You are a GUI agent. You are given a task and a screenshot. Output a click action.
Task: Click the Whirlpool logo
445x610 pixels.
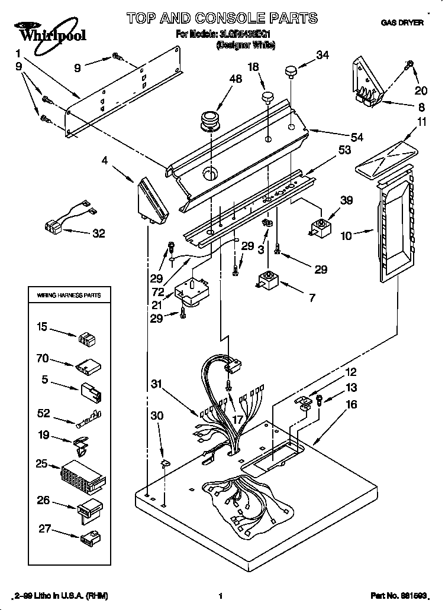[49, 32]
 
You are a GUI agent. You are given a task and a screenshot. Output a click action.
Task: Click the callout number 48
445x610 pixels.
[236, 79]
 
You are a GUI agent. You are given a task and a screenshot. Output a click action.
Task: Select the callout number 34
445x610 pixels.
[322, 55]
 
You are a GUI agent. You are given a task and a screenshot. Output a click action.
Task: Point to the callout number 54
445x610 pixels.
[356, 137]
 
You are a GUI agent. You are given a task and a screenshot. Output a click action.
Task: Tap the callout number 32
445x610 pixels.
[98, 233]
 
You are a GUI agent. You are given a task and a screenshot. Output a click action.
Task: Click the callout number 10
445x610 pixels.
[346, 235]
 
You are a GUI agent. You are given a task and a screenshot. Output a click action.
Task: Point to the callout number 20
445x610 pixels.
[420, 90]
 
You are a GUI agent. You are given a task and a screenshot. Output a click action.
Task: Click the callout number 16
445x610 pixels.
[352, 404]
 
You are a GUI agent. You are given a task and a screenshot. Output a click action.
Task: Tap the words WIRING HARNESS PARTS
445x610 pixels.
[69, 294]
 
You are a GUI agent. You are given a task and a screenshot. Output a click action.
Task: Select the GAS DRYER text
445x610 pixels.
[402, 22]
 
